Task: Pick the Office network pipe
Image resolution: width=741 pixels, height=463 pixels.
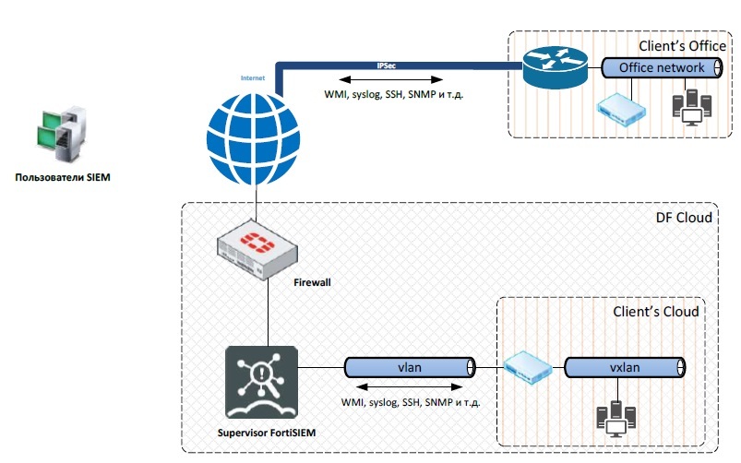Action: point(661,68)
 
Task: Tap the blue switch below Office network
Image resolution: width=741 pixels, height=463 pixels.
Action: point(617,108)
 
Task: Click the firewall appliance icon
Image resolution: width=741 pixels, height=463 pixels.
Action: point(256,250)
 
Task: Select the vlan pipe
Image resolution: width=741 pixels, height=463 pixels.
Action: point(410,368)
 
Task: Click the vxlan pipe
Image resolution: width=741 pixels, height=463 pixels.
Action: point(626,368)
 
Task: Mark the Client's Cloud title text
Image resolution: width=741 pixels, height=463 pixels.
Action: point(656,312)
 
